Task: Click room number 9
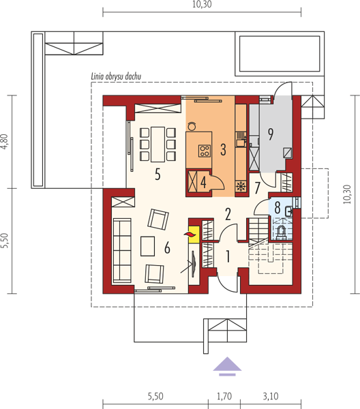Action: (x=271, y=134)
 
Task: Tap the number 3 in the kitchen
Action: (x=223, y=149)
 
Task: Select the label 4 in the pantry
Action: (x=203, y=182)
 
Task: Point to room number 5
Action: (x=157, y=174)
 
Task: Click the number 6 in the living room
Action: (x=167, y=247)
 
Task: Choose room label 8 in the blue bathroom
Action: (x=277, y=207)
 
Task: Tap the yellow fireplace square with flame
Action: (x=194, y=234)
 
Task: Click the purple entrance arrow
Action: (x=227, y=366)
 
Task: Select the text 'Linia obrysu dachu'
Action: (x=116, y=76)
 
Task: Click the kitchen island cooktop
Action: (x=205, y=151)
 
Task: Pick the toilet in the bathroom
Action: (x=281, y=232)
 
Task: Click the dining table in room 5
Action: (x=157, y=145)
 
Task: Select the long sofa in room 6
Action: (x=122, y=251)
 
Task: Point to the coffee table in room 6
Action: (x=148, y=246)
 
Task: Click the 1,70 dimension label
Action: (x=224, y=396)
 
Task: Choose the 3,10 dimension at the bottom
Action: (x=271, y=396)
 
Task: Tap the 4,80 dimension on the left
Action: (x=5, y=142)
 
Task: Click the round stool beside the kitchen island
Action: (x=192, y=126)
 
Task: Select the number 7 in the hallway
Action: (x=257, y=188)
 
